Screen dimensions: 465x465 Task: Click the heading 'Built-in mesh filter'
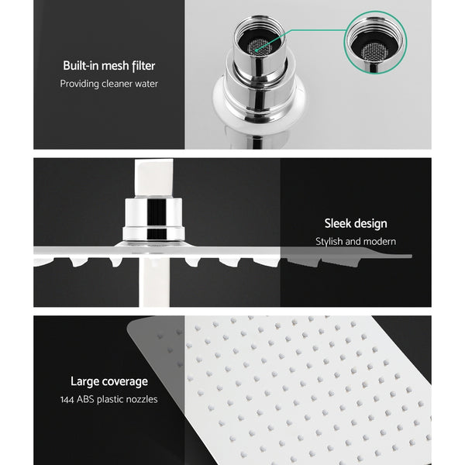point(109,66)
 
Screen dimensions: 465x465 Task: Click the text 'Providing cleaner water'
point(109,84)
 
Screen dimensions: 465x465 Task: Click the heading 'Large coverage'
point(109,381)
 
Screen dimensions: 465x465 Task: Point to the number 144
point(69,399)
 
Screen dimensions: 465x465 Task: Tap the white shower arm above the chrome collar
point(153,179)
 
